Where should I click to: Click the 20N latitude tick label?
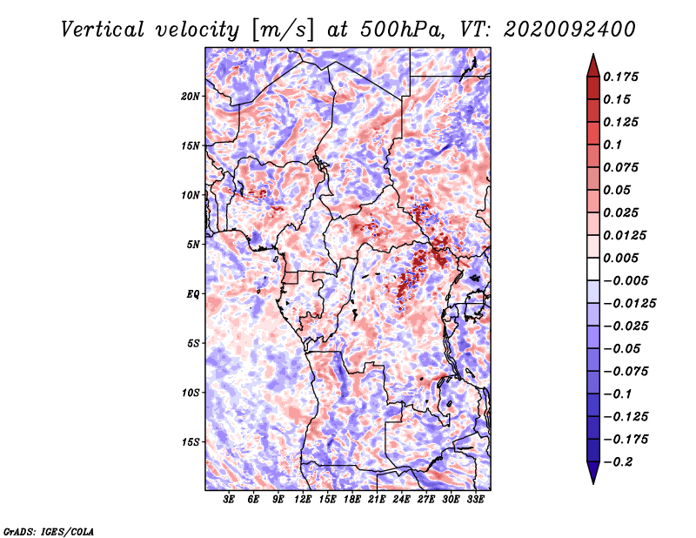(x=191, y=97)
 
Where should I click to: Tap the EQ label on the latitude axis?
(x=193, y=294)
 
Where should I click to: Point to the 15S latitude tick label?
(x=191, y=442)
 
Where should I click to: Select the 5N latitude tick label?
(x=193, y=245)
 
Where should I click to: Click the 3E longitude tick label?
(x=229, y=500)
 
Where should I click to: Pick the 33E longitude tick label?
(x=475, y=500)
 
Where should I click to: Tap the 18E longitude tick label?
(x=352, y=500)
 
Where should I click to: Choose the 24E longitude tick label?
(x=401, y=500)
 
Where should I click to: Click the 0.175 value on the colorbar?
(x=620, y=77)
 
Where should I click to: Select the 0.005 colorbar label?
(x=620, y=258)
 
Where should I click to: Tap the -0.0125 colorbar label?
(x=629, y=304)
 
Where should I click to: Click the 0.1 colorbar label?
(x=612, y=145)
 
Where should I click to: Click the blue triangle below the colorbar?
(x=593, y=472)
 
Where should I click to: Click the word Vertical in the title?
(x=103, y=30)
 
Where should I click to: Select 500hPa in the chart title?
(x=401, y=30)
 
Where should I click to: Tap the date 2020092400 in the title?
(x=570, y=30)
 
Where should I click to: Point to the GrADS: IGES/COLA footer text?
(x=49, y=532)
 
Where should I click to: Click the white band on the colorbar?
(x=593, y=269)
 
